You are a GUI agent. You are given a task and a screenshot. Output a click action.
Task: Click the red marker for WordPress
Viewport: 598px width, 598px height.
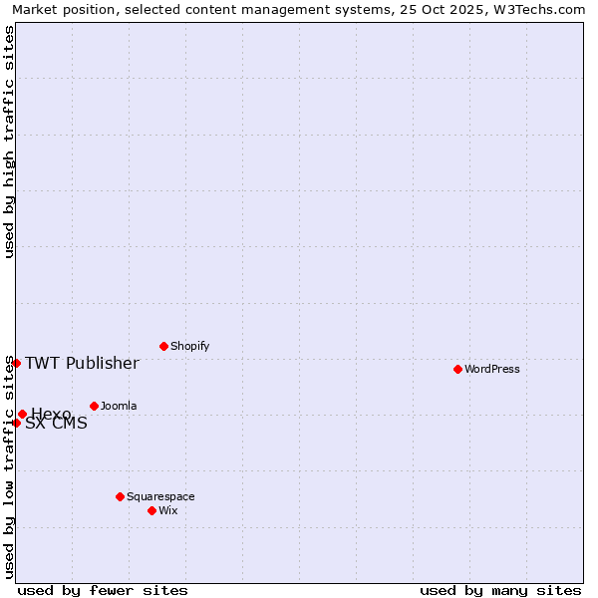(x=457, y=369)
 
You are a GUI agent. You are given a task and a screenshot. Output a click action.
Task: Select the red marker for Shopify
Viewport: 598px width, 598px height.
(x=163, y=346)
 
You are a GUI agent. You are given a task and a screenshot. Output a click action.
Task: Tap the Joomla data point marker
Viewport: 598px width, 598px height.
(x=94, y=406)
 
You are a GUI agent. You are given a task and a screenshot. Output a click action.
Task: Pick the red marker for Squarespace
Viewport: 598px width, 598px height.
(x=120, y=496)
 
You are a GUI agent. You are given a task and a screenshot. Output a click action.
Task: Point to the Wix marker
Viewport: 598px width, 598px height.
(x=151, y=510)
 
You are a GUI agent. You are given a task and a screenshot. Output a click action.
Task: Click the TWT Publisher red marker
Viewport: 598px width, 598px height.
(x=16, y=363)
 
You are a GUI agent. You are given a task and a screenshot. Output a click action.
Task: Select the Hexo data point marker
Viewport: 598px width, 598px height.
(x=22, y=414)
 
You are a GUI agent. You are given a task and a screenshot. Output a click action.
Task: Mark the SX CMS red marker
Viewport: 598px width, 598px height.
(x=16, y=423)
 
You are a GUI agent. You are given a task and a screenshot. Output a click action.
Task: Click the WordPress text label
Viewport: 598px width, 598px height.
(x=492, y=369)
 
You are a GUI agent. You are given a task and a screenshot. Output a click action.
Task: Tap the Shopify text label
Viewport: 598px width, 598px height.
(x=189, y=346)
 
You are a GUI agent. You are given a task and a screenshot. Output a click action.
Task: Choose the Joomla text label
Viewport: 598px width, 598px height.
(x=119, y=406)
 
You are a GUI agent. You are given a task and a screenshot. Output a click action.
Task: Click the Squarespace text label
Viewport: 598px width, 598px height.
(x=160, y=496)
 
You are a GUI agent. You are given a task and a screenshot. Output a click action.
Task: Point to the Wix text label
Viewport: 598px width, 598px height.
(x=167, y=510)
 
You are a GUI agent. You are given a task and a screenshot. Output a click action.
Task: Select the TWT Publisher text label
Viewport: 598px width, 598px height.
(x=82, y=363)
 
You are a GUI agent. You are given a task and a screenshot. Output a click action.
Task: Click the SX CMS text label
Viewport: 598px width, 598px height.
(x=56, y=424)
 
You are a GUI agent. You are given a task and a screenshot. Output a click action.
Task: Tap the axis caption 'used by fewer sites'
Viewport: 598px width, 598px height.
(x=103, y=590)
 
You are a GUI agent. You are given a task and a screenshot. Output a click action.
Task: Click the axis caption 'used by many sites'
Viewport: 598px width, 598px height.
(x=500, y=590)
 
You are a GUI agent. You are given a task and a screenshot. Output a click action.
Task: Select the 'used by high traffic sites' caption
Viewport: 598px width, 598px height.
(x=9, y=142)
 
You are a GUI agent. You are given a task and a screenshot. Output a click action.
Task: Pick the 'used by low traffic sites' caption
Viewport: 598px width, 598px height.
(x=9, y=466)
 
